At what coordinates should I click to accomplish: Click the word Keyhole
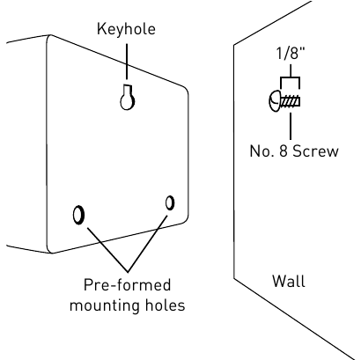click(126, 28)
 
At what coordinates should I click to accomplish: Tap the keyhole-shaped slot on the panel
click(127, 99)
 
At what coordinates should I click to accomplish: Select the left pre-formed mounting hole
click(79, 214)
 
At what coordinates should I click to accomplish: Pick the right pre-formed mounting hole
click(169, 202)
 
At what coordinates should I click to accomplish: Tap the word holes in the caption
click(165, 305)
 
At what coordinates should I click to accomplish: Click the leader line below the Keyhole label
click(127, 62)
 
